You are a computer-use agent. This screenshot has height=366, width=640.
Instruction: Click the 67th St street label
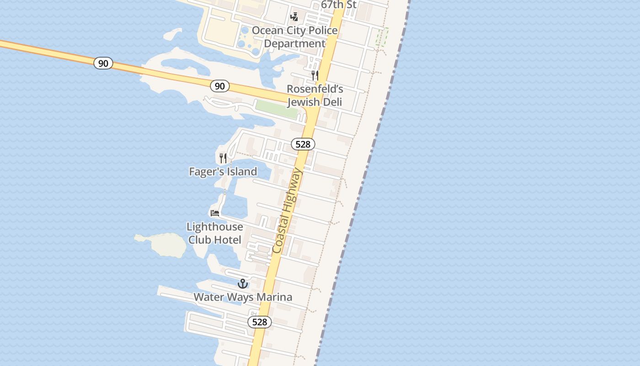pos(338,5)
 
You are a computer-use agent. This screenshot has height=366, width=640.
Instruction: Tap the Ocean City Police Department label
pos(295,37)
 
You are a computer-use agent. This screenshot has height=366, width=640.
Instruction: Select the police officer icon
pos(294,17)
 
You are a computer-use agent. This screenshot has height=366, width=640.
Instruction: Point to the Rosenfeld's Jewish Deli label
pos(315,95)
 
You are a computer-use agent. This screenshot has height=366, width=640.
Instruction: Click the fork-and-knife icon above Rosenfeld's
pos(315,75)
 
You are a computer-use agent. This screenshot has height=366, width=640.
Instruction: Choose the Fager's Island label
pos(223,172)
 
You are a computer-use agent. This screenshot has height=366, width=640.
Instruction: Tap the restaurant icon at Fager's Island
pos(223,158)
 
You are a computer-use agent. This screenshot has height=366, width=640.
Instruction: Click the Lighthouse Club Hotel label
pos(215,233)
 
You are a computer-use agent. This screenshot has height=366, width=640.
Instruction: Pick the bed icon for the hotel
pos(215,213)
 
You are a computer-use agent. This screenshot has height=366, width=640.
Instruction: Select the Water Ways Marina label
pos(243,297)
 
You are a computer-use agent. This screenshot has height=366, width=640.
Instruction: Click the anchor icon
pos(243,284)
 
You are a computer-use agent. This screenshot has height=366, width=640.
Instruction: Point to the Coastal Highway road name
pos(287,210)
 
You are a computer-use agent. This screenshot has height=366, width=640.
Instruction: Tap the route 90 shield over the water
pos(103,63)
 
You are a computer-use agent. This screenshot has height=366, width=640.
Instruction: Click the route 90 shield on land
pos(220,86)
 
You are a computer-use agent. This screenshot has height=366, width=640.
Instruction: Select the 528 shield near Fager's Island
pos(303,145)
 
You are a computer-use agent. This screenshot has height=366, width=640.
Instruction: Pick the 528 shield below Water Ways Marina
pos(260,322)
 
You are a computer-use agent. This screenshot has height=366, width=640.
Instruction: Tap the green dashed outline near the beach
pos(382,37)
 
